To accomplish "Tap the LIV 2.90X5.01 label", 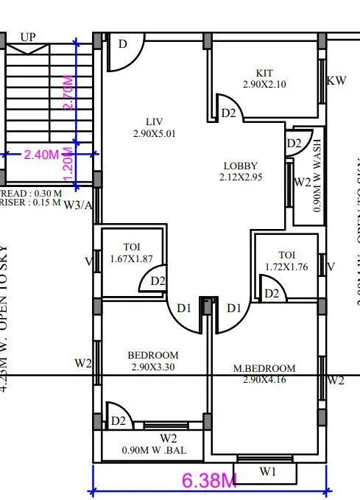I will [x=154, y=127].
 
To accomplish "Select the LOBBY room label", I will [x=240, y=172].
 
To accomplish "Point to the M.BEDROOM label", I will [x=269, y=373].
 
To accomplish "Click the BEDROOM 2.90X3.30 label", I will [x=153, y=360].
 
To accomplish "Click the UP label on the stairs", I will [x=28, y=37].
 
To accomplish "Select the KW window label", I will [x=336, y=80].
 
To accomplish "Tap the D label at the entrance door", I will [x=123, y=44].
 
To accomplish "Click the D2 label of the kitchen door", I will [x=228, y=113].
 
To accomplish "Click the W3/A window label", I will [x=78, y=205].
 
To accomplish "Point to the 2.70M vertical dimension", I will [x=68, y=94].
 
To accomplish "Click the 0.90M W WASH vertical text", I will [x=317, y=175].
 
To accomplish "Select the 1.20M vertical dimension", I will [x=68, y=170].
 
